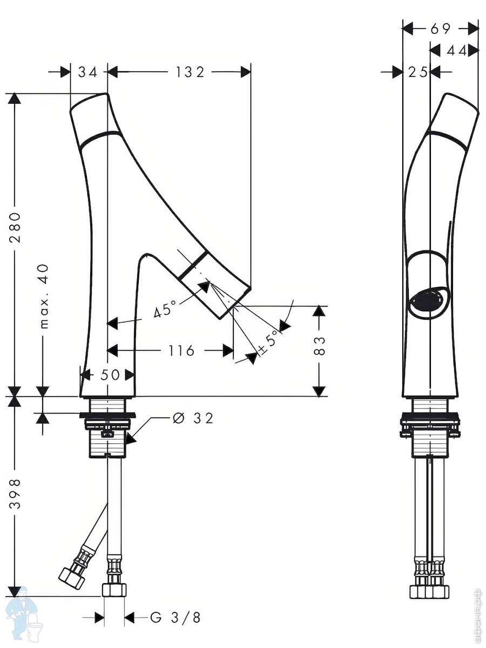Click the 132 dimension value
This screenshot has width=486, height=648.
pos(190,72)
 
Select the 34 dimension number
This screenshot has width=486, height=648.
pos(87,72)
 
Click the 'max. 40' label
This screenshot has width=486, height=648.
pos(44,296)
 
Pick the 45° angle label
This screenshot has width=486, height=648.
pos(165,308)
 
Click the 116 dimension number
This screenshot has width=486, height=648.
pos(181,351)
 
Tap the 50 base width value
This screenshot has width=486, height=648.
pos(110,375)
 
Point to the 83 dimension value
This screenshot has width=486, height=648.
pos(319,346)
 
